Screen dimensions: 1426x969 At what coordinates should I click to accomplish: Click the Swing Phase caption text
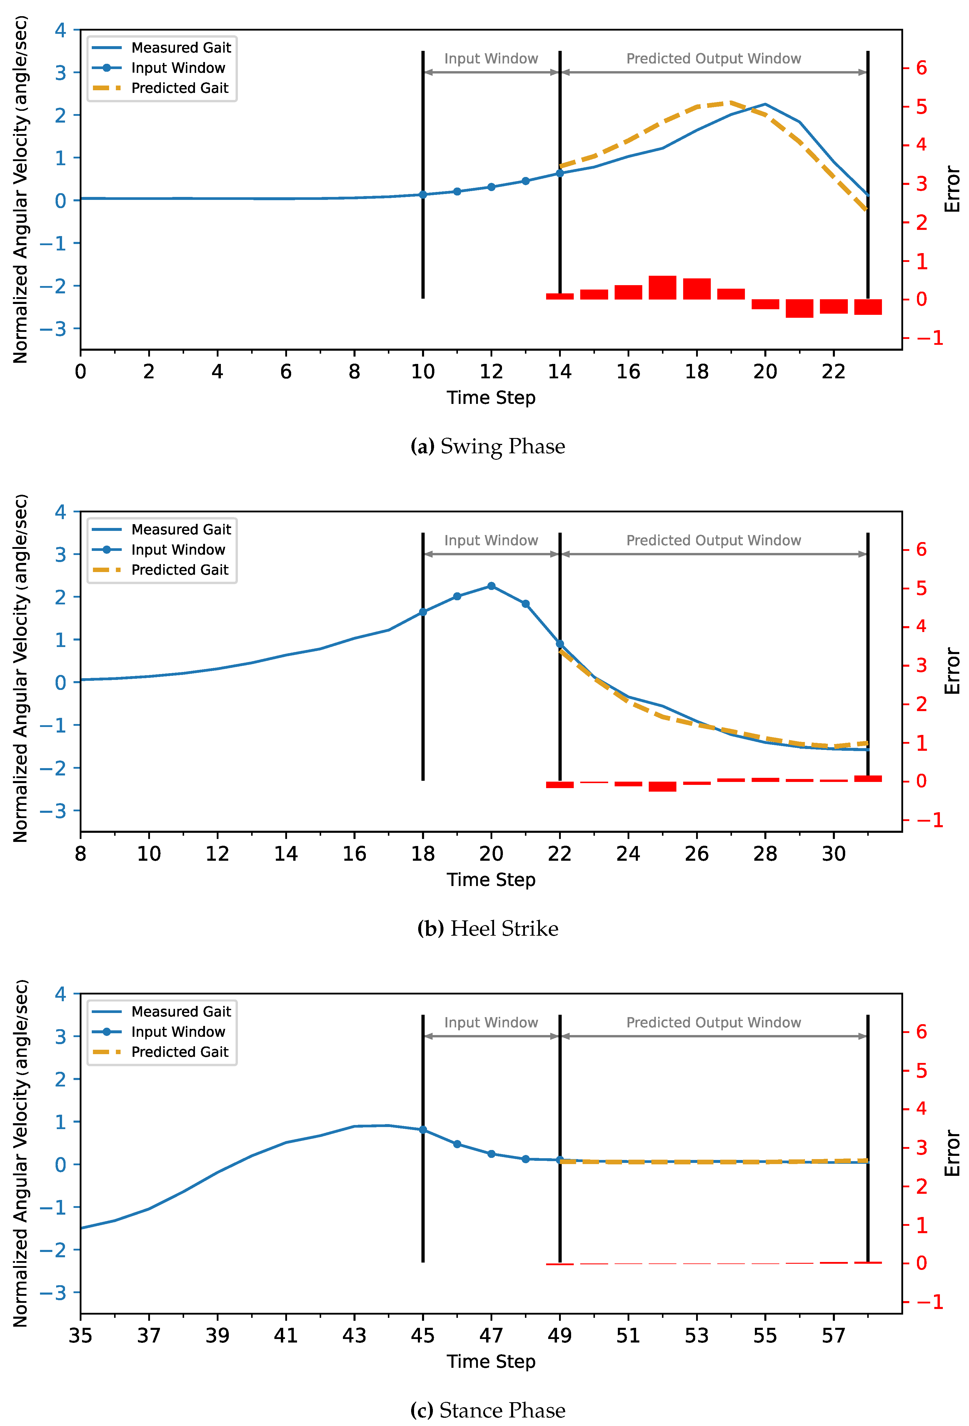tap(488, 446)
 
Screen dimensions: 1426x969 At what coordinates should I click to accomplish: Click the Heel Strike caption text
tap(488, 928)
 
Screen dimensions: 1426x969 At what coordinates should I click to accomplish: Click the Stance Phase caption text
tap(488, 1410)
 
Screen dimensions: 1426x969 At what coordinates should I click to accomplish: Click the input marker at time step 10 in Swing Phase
tap(423, 195)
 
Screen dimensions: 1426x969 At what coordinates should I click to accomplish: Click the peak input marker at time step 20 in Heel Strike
tap(491, 586)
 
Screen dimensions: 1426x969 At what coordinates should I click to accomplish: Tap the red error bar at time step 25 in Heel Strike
tap(662, 786)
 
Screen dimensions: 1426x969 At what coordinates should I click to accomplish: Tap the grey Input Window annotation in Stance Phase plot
tap(491, 1022)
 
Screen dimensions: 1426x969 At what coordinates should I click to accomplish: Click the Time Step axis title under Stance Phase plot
tap(491, 1362)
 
